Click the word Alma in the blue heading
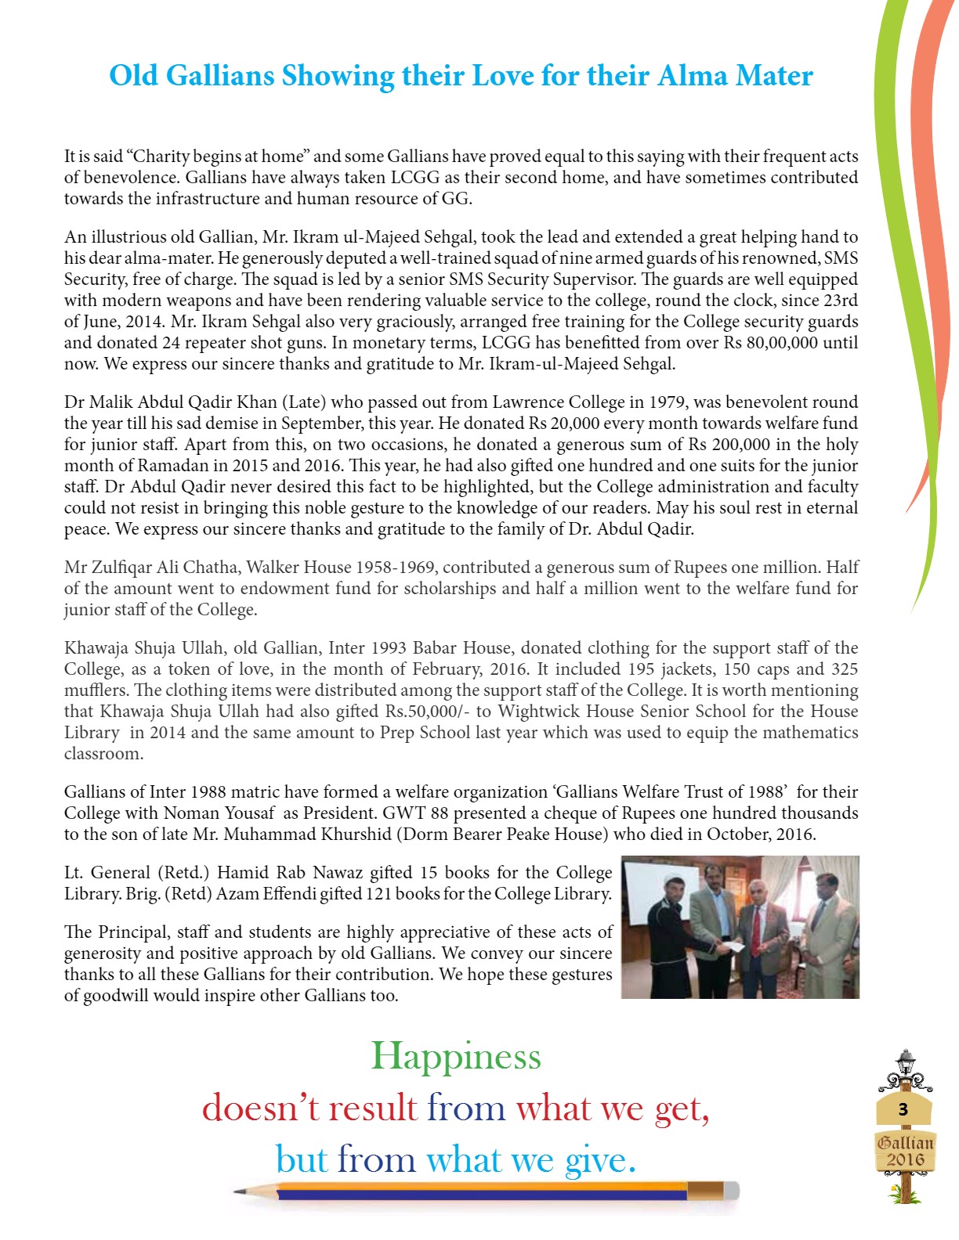[x=693, y=76]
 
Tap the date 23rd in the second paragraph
[x=841, y=301]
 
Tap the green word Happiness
[x=456, y=1056]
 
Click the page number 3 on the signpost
[x=903, y=1109]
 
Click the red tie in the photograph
[x=756, y=939]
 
